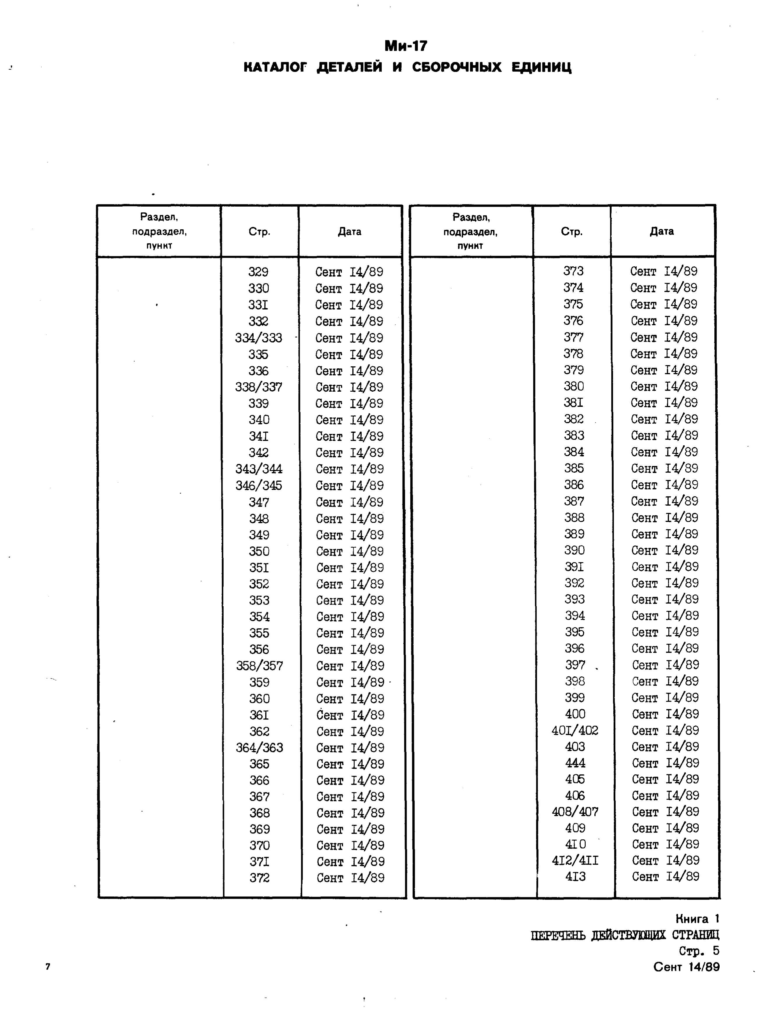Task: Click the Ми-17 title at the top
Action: [406, 46]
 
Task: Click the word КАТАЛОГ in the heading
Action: [275, 67]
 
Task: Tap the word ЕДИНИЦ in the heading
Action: [541, 67]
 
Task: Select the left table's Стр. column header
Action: [259, 232]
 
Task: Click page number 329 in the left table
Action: [258, 272]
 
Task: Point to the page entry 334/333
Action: [258, 338]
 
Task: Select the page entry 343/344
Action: [259, 469]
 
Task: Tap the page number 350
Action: [259, 551]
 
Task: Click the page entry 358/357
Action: [259, 666]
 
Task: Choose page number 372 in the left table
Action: [259, 878]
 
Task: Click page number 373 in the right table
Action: [573, 271]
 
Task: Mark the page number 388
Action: [574, 518]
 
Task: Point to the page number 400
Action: [575, 714]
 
